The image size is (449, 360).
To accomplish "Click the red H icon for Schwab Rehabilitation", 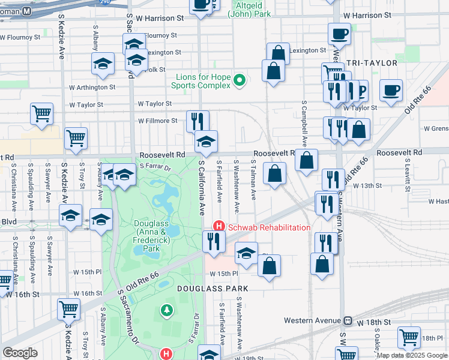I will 218,227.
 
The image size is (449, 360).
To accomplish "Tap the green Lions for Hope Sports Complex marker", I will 240,80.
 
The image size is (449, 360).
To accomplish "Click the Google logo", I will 20,353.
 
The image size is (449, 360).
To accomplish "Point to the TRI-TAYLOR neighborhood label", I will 372,62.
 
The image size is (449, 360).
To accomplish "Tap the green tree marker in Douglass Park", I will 166,310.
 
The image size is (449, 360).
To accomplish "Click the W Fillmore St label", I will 157,121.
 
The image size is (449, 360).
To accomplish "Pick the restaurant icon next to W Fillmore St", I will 197,120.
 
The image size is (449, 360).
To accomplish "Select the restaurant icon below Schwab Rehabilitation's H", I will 213,241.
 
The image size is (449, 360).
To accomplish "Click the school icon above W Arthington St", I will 103,63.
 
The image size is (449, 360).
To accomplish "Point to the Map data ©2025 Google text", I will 412,355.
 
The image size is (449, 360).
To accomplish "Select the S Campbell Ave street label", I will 304,124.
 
